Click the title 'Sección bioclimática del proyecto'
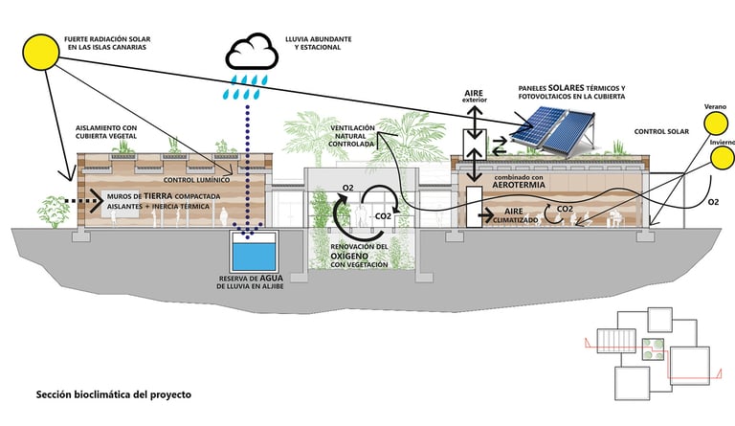click(114, 393)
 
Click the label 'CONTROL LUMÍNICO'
click(195, 179)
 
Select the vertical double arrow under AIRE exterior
click(474, 119)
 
